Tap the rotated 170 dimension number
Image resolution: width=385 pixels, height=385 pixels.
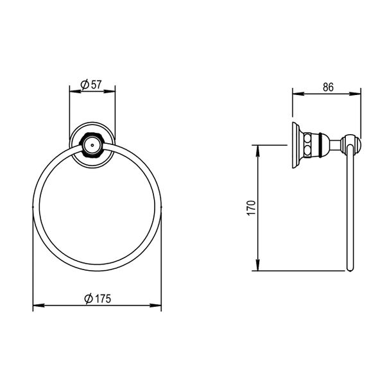point(252,207)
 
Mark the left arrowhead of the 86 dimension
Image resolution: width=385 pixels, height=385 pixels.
point(296,94)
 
